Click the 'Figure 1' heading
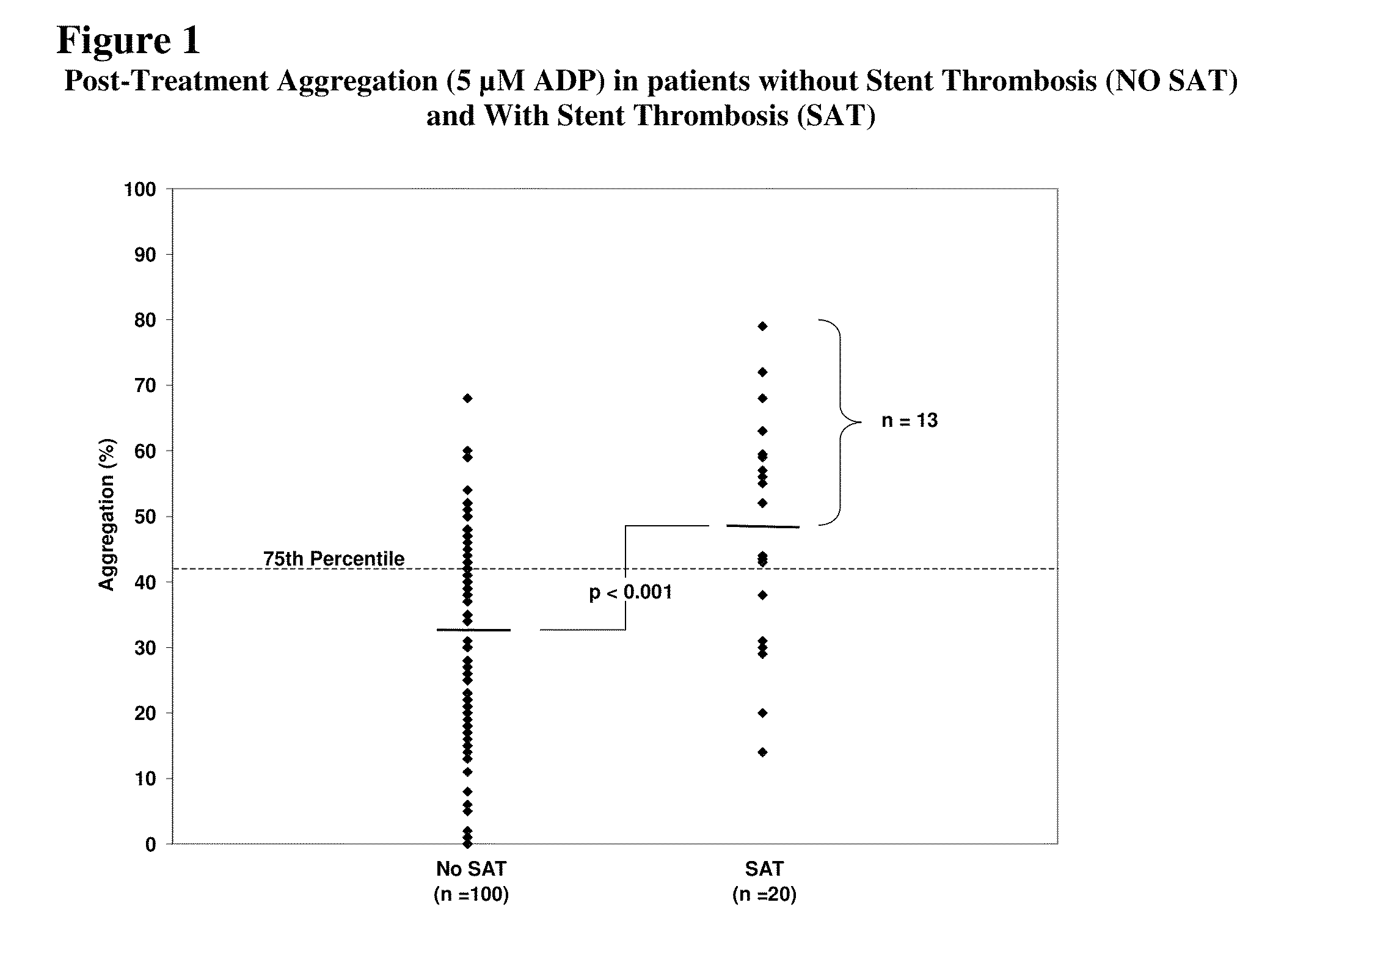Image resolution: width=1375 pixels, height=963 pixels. point(129,41)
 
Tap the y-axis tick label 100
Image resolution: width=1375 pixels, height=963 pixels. point(140,189)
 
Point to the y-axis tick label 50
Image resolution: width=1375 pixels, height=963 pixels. point(145,517)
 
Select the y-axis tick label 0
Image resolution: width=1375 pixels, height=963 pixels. point(150,845)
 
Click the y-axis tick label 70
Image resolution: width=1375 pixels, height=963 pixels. point(145,386)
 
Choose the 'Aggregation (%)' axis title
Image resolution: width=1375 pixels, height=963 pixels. point(107,514)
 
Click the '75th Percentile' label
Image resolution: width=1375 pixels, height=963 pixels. point(334,558)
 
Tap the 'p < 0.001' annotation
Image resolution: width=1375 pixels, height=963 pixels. point(630,592)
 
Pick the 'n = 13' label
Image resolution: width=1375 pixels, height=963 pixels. point(909,421)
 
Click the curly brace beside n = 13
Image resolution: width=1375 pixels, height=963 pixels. point(841,422)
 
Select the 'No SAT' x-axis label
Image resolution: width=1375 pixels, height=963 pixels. point(471,868)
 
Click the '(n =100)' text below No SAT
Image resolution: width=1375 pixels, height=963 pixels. point(471,895)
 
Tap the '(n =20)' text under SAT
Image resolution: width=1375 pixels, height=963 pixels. point(764,895)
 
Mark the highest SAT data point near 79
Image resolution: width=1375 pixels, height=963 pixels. point(762,327)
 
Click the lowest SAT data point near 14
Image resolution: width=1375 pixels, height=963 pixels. point(762,752)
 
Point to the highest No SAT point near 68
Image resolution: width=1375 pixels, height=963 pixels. point(468,399)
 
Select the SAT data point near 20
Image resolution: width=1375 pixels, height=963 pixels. point(762,713)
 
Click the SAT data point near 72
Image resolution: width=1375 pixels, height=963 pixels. point(762,372)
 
